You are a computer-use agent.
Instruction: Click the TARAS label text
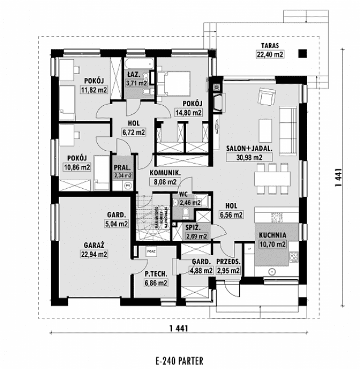(x=271, y=45)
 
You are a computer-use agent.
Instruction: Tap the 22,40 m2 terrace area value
(x=270, y=55)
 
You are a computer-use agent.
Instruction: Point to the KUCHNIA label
(x=273, y=234)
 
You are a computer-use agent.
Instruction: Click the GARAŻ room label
(x=94, y=245)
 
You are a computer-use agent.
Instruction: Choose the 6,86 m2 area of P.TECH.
(x=156, y=282)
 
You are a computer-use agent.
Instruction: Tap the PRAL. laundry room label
(x=123, y=168)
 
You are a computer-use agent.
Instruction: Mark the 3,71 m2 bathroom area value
(x=137, y=83)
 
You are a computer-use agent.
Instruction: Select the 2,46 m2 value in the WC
(x=190, y=202)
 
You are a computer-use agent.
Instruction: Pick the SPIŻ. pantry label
(x=196, y=227)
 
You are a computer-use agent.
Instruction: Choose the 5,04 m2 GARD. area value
(x=117, y=224)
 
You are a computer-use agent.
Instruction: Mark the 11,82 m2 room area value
(x=94, y=90)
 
